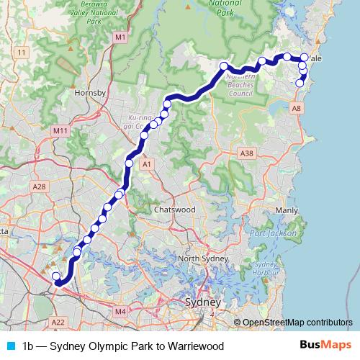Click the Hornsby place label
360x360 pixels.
pyautogui.click(x=91, y=94)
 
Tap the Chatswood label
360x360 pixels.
pyautogui.click(x=175, y=210)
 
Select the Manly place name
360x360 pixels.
pyautogui.click(x=286, y=210)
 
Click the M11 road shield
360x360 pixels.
pyautogui.click(x=60, y=130)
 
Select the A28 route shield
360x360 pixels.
pyautogui.click(x=39, y=186)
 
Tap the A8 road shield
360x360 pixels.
pyautogui.click(x=296, y=108)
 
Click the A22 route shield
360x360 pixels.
pyautogui.click(x=59, y=322)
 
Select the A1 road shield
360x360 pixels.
pyautogui.click(x=148, y=165)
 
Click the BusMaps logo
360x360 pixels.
pyautogui.click(x=325, y=346)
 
